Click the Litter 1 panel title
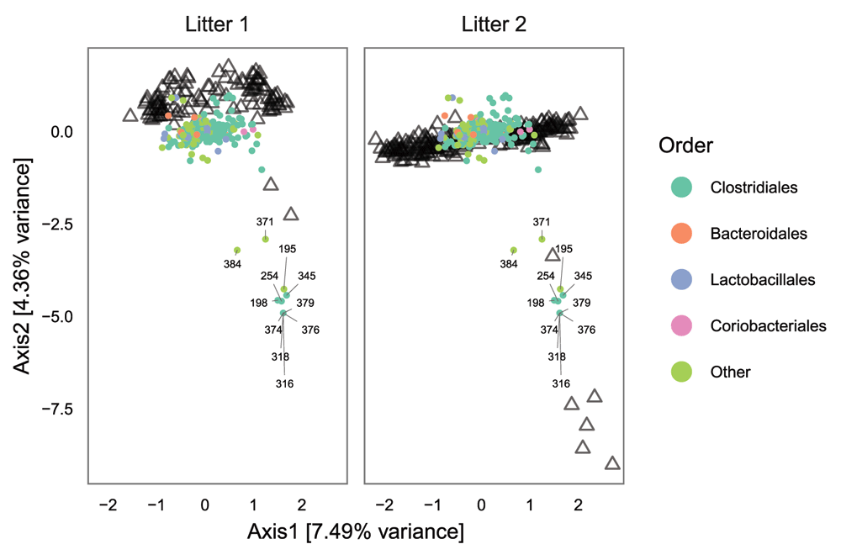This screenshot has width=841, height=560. pyautogui.click(x=217, y=24)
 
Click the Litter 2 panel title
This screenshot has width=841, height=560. pyautogui.click(x=494, y=24)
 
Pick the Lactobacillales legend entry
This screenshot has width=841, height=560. pyautogui.click(x=748, y=279)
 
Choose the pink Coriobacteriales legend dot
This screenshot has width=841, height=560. pyautogui.click(x=682, y=325)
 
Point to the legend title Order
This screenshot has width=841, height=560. pyautogui.click(x=686, y=145)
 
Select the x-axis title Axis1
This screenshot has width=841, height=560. pyautogui.click(x=355, y=531)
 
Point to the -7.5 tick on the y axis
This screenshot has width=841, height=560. pyautogui.click(x=61, y=409)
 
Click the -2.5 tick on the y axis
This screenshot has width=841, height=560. pyautogui.click(x=61, y=225)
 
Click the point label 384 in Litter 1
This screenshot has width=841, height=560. pyautogui.click(x=232, y=264)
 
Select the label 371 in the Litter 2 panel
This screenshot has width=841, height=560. pyautogui.click(x=542, y=222)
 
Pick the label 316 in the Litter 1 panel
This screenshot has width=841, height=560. pyautogui.click(x=284, y=383)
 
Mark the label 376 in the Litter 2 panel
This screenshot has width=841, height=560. pyautogui.click(x=586, y=330)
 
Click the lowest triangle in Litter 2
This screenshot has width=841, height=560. pyautogui.click(x=612, y=463)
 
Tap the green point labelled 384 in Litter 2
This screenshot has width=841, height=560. pyautogui.click(x=514, y=250)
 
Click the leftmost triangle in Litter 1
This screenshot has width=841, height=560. pyautogui.click(x=130, y=115)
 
